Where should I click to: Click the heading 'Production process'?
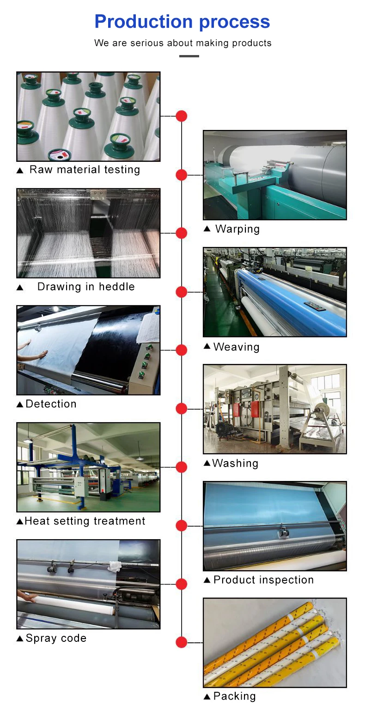point(182,22)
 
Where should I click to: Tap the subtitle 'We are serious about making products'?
point(182,43)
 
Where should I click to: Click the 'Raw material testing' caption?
point(85,170)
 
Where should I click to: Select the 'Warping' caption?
point(237,229)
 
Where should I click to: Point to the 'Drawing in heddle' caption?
point(86,287)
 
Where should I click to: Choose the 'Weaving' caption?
point(236,347)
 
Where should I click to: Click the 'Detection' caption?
point(51,404)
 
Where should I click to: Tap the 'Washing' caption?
point(235,463)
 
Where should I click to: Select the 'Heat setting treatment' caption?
point(85,521)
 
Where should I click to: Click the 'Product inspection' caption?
point(263,580)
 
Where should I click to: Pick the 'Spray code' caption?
point(56,638)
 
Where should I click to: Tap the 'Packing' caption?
point(234,696)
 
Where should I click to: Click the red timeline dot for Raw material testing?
point(182,116)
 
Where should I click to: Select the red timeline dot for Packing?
point(182,642)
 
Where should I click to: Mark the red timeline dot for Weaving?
point(182,292)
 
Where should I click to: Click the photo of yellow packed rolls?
point(274,642)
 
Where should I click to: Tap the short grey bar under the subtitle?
point(189,56)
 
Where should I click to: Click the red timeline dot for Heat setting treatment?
point(182,467)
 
